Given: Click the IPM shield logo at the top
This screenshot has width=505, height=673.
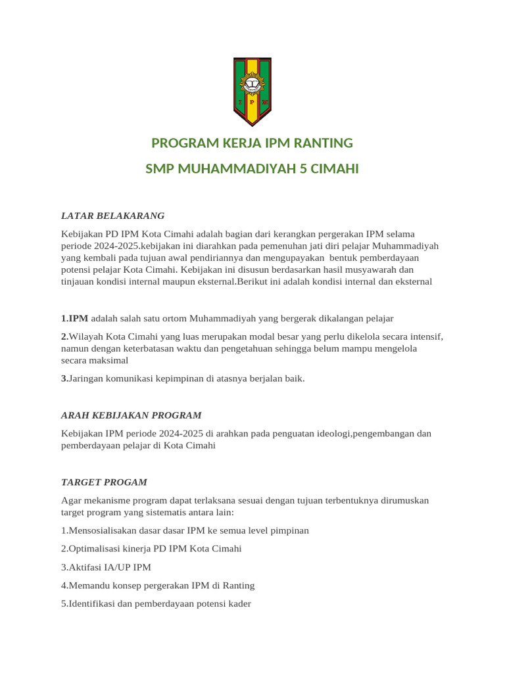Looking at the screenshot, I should point(252,91).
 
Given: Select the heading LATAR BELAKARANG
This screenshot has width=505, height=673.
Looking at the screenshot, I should point(112,216).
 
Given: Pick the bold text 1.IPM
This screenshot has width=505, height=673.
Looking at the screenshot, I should point(74,319).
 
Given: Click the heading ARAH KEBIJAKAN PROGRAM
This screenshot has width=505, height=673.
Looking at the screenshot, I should point(131,415).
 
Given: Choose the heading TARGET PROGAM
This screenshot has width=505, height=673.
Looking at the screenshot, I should point(104,482).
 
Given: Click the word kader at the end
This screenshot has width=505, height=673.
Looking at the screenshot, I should point(239,603).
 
